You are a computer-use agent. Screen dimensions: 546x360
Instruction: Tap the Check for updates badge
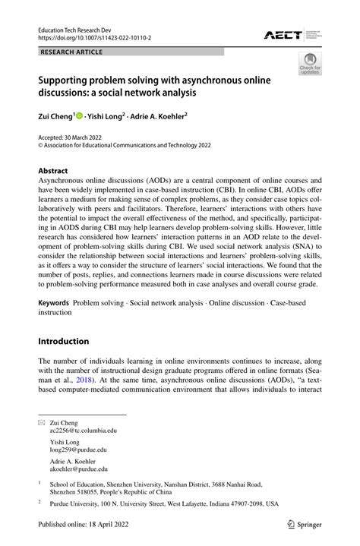click(310, 65)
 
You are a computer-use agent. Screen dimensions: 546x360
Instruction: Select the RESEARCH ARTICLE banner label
click(68, 52)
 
